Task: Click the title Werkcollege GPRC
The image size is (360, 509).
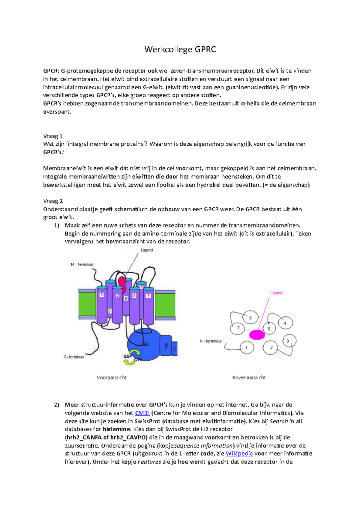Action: point(180,49)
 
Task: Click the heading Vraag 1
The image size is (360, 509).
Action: point(53,136)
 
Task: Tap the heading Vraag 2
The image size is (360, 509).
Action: point(53,201)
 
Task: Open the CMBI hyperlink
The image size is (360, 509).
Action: point(142,413)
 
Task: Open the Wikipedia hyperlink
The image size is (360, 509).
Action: point(239,454)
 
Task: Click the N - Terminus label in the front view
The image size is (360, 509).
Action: point(82,264)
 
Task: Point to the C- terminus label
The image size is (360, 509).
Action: point(74,357)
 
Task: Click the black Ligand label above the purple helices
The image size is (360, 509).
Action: point(147,250)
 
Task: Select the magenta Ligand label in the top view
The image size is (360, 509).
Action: point(276,293)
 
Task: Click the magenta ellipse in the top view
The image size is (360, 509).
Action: point(257,335)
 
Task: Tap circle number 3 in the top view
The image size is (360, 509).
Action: point(289,341)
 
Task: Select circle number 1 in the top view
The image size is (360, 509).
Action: point(247,348)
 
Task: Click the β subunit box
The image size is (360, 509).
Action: point(166,346)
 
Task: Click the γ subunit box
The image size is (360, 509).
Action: point(175,349)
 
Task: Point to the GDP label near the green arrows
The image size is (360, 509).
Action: point(127,356)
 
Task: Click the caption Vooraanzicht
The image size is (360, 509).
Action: point(112,378)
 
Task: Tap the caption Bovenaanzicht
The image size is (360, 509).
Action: point(249,378)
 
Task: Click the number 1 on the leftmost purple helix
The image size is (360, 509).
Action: point(102,295)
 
